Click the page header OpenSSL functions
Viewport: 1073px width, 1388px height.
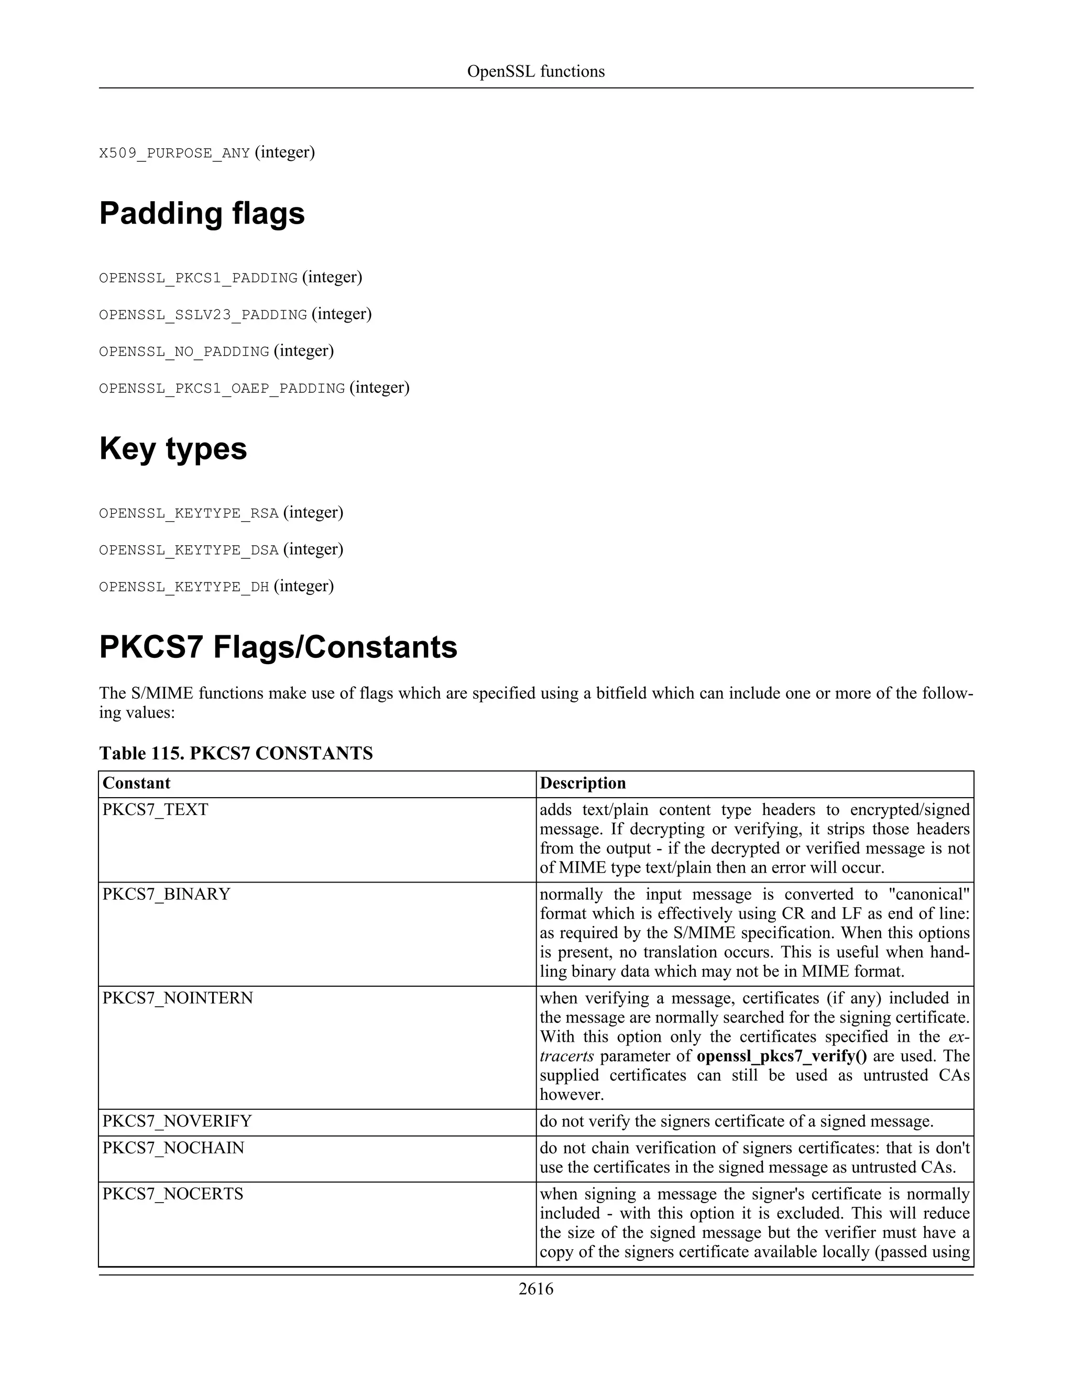click(x=535, y=71)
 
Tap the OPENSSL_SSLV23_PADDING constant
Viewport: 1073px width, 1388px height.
click(x=203, y=315)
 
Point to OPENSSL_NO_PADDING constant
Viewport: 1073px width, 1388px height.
click(x=184, y=352)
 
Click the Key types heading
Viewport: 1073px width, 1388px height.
click(x=173, y=449)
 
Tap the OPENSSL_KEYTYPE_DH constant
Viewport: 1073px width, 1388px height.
click(x=184, y=587)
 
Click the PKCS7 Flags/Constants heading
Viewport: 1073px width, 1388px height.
click(x=278, y=647)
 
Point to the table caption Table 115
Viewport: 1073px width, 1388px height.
click(x=236, y=753)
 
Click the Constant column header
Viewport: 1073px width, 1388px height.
click(x=137, y=783)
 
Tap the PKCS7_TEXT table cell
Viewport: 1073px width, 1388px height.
click(x=155, y=810)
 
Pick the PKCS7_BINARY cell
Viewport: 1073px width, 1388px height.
click(x=166, y=894)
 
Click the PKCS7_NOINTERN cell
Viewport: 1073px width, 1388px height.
click(x=178, y=998)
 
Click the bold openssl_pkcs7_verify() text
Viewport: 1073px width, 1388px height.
click(x=781, y=1056)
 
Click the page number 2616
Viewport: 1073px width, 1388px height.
click(x=535, y=1289)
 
